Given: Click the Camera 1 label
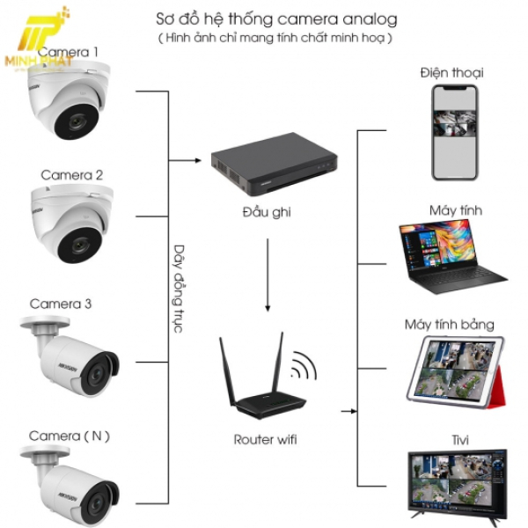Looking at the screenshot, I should (69, 52).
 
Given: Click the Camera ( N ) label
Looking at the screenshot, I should (70, 436).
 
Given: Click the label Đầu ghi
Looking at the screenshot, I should (267, 212).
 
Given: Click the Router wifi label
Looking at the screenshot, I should (266, 438).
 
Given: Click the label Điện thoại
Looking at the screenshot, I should (451, 72).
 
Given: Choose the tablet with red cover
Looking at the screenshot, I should (456, 374).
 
